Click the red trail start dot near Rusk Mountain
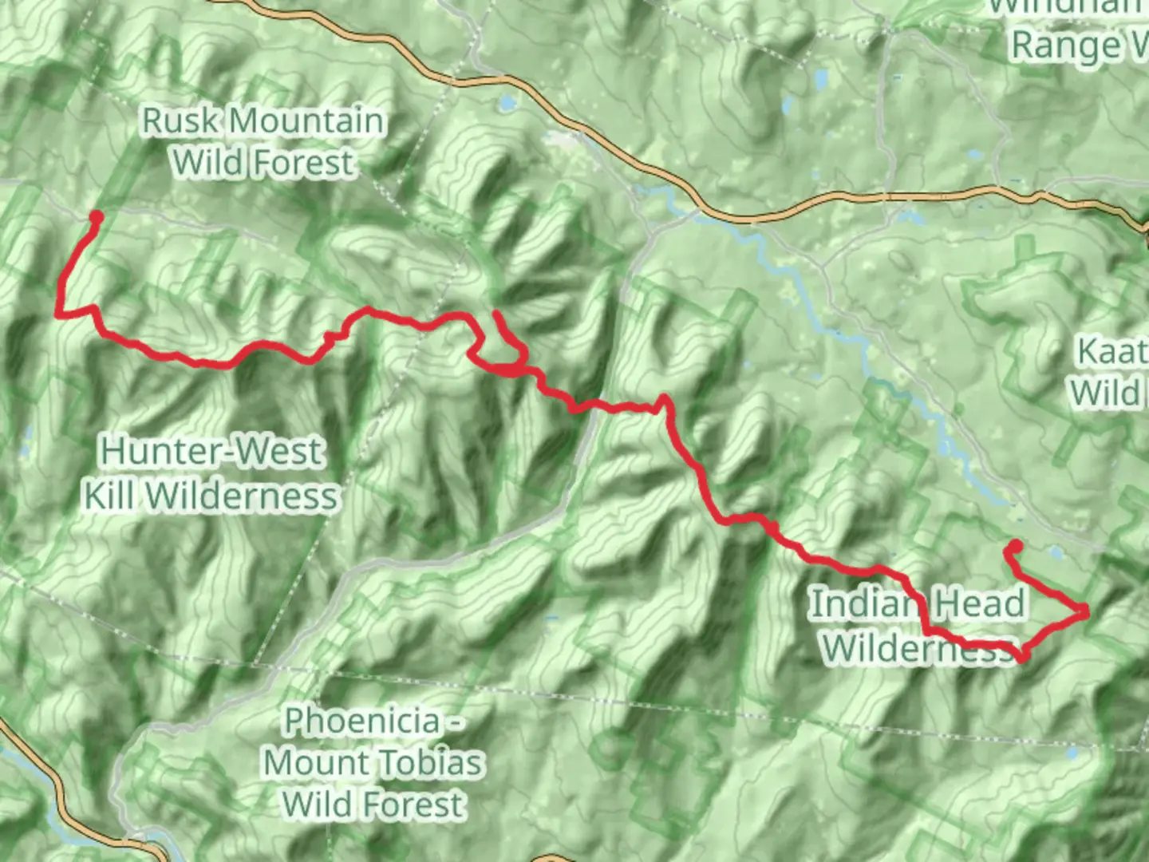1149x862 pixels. click(x=96, y=216)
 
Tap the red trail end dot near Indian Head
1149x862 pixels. click(x=1017, y=547)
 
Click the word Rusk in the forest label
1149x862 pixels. click(x=180, y=121)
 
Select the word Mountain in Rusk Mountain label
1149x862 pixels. click(x=307, y=121)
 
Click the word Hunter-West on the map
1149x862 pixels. click(x=212, y=452)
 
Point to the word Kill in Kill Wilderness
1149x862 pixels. click(x=110, y=496)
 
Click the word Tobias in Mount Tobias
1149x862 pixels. click(x=427, y=763)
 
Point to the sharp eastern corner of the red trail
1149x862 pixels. click(x=1085, y=611)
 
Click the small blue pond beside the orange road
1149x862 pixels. click(x=506, y=104)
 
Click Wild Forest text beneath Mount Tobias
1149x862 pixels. click(x=373, y=805)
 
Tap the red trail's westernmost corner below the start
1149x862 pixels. click(x=58, y=314)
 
